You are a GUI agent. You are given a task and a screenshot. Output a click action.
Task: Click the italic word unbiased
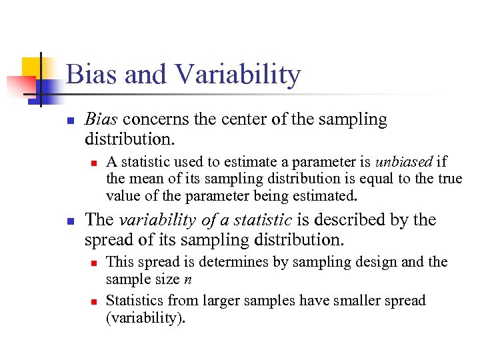point(404,162)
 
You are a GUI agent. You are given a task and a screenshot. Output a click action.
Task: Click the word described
point(354,220)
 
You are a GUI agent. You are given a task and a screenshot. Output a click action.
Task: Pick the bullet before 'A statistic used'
point(94,163)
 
